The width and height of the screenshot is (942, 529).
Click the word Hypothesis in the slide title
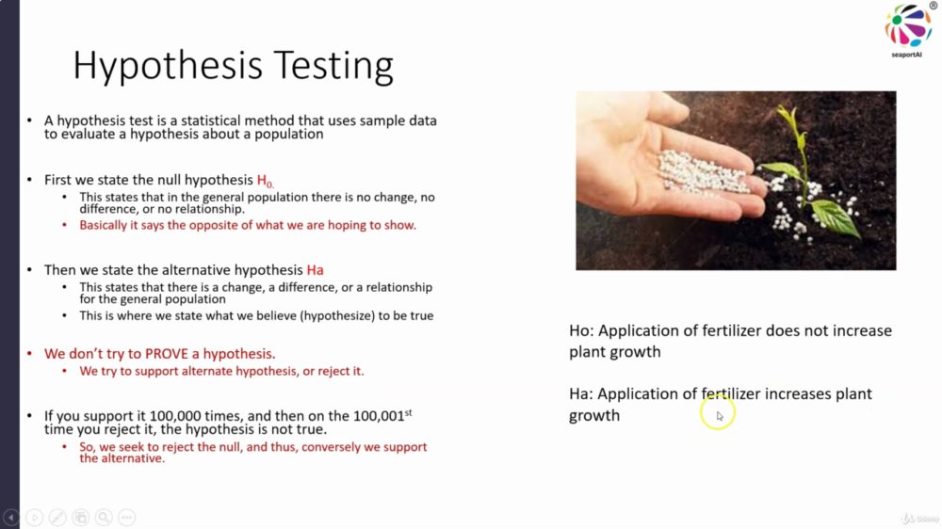click(169, 66)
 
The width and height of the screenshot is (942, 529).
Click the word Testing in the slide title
click(333, 66)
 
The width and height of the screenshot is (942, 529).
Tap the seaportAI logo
click(908, 30)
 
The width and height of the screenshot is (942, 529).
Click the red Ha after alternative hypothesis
click(315, 270)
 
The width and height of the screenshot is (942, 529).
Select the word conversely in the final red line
click(331, 447)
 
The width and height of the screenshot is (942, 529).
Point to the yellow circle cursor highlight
click(717, 412)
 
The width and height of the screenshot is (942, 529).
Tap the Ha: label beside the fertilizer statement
click(581, 393)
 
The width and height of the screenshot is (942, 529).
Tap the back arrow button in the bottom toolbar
click(10, 517)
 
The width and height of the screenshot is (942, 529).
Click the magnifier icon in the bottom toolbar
click(104, 517)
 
